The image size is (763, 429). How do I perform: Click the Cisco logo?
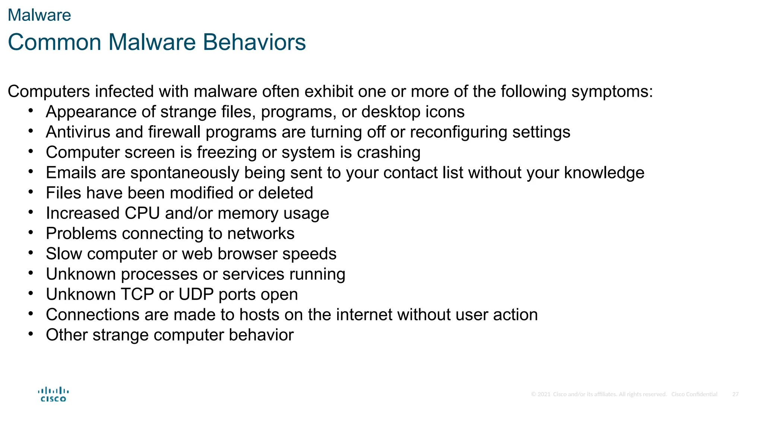coord(53,394)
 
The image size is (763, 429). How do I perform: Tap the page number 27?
coord(735,394)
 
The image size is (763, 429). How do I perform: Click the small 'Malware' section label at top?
coord(39,15)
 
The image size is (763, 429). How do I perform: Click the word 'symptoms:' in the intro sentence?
coord(612,92)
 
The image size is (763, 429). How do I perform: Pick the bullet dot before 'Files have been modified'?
coord(31,192)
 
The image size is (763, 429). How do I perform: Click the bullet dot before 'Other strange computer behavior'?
coord(31,334)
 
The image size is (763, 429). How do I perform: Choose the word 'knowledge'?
coord(604,173)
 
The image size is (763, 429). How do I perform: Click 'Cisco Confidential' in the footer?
coord(694,394)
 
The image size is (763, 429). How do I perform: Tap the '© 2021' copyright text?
coord(541,394)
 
